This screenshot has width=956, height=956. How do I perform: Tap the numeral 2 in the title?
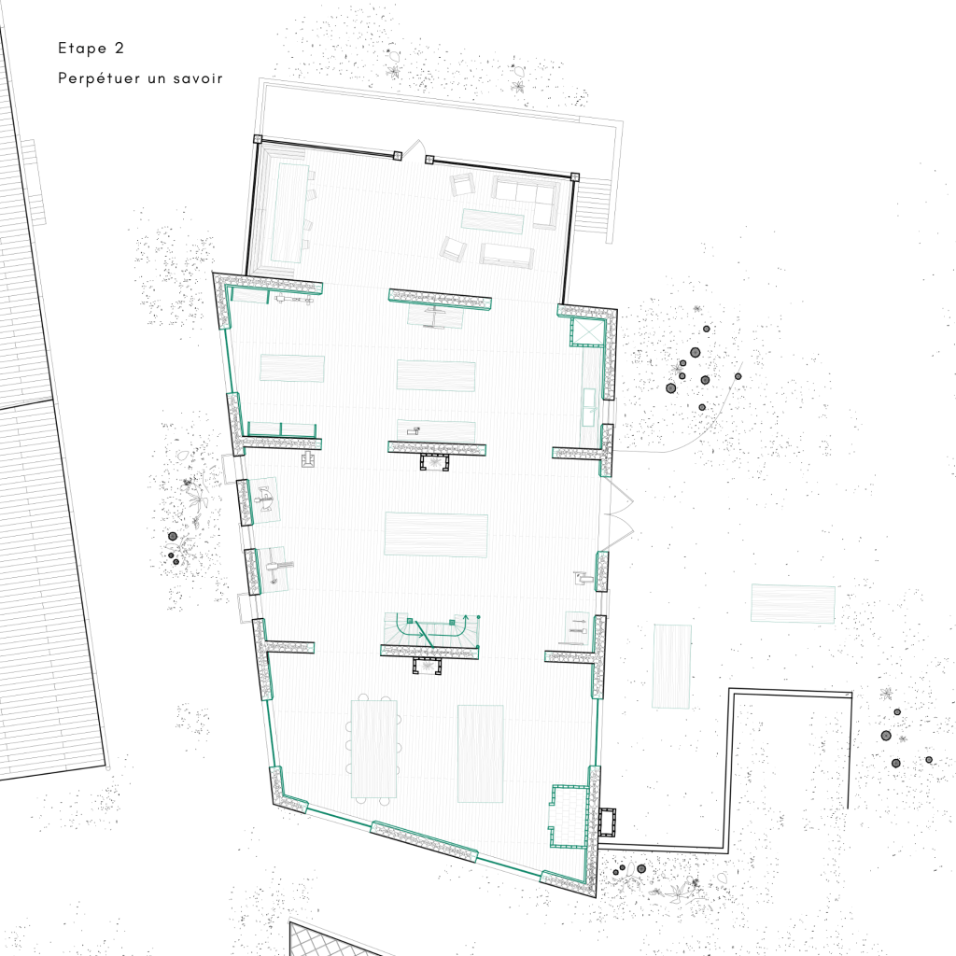119,48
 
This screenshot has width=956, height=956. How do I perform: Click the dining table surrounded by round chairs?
373,749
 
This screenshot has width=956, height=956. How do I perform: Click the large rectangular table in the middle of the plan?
436,535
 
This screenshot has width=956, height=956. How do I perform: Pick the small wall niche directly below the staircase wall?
427,667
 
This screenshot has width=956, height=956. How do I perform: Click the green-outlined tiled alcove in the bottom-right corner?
569,816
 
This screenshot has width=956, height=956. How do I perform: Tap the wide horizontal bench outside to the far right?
793,604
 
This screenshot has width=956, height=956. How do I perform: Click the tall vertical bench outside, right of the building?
672,667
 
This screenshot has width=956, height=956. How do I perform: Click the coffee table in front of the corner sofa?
493,220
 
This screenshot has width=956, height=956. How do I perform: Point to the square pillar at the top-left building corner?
258,139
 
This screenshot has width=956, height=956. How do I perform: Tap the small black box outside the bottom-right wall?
607,822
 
